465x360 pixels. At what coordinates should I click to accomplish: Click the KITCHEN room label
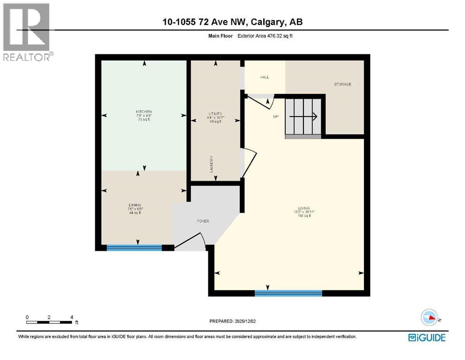(x=144, y=112)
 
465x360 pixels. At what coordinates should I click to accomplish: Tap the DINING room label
(x=135, y=205)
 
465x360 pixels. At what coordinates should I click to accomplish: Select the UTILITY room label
(x=215, y=114)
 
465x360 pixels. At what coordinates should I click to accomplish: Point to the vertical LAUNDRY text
(x=212, y=165)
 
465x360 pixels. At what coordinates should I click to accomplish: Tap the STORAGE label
(x=342, y=84)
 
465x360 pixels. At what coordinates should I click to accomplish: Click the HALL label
(x=265, y=77)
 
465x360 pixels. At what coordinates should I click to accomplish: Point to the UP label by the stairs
(x=276, y=116)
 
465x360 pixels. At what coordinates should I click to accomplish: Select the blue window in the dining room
(x=134, y=247)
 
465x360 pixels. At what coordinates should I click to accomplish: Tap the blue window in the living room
(x=288, y=293)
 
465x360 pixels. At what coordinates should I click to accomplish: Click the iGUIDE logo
(x=427, y=337)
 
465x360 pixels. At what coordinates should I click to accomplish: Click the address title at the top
(x=233, y=22)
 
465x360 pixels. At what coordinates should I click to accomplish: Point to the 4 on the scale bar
(x=72, y=317)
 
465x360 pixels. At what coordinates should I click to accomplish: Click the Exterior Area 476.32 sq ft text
(x=265, y=36)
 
